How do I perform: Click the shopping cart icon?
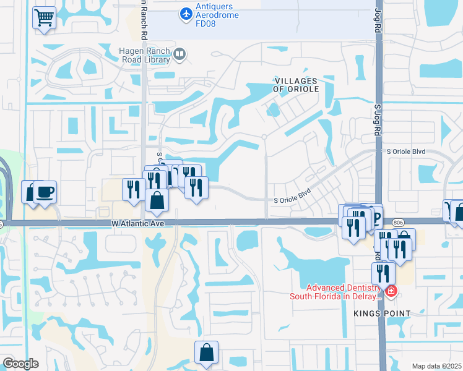coord(44,17)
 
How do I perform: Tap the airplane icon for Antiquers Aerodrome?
coord(186,12)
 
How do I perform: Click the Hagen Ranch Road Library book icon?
coord(180,56)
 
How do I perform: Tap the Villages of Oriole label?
coord(296,85)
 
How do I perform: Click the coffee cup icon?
coord(45,192)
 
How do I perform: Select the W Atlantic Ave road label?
coord(138,223)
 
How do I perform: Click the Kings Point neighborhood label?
coord(382,313)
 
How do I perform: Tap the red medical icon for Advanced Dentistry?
coord(391,291)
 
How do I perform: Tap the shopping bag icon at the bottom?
coord(207,353)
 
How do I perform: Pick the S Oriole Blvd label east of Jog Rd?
coord(407,151)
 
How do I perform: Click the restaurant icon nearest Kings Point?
coord(383,273)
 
